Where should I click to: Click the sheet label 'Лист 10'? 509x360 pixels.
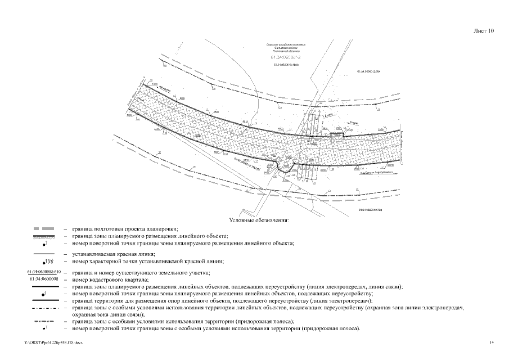[484, 31]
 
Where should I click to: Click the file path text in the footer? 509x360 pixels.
[49, 342]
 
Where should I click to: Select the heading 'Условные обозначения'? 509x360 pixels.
[259, 220]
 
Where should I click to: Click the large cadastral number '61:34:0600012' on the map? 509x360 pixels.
[286, 57]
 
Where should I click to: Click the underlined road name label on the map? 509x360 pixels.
[375, 173]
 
